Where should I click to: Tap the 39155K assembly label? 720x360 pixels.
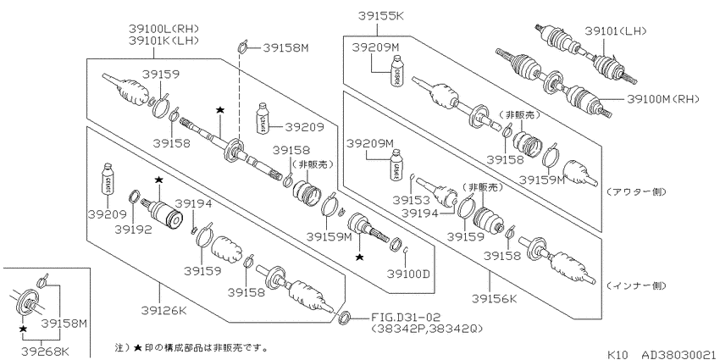tap(380, 17)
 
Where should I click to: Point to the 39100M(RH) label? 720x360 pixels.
tap(662, 99)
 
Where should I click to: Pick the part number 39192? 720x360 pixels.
tap(133, 230)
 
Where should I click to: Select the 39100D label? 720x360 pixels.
tap(407, 274)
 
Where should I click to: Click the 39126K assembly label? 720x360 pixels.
tap(164, 311)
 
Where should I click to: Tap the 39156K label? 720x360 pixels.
tap(494, 299)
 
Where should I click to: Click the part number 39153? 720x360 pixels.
tap(412, 200)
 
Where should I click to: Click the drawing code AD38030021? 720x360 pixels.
tap(678, 354)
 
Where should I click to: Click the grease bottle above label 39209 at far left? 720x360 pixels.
tap(108, 180)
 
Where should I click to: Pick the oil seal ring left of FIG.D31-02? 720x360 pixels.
tap(345, 317)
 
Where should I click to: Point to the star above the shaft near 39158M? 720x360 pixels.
tap(220, 110)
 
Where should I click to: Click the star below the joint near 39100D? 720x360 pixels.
tap(359, 258)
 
